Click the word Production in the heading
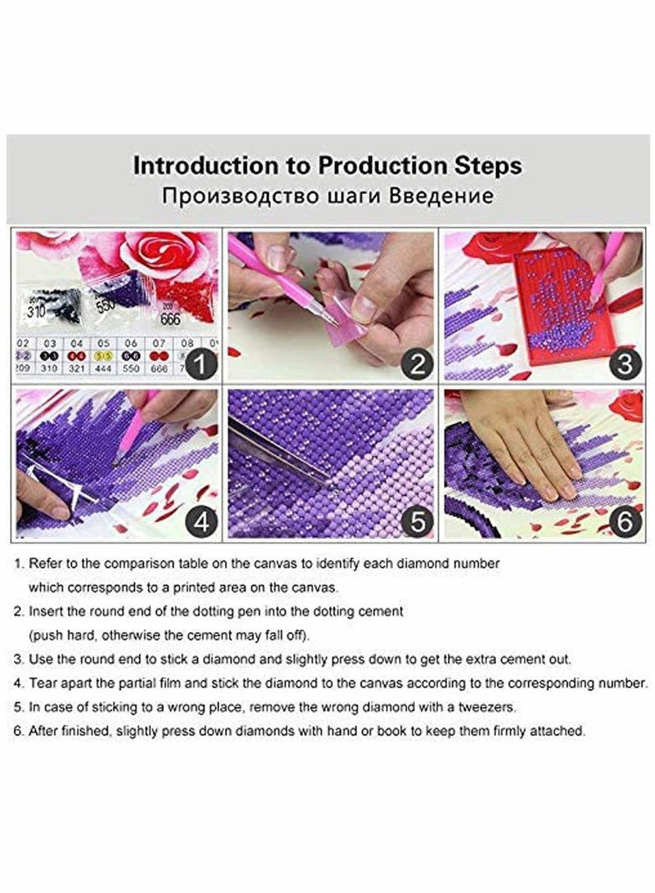click(x=376, y=166)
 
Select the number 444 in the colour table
click(x=103, y=370)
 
